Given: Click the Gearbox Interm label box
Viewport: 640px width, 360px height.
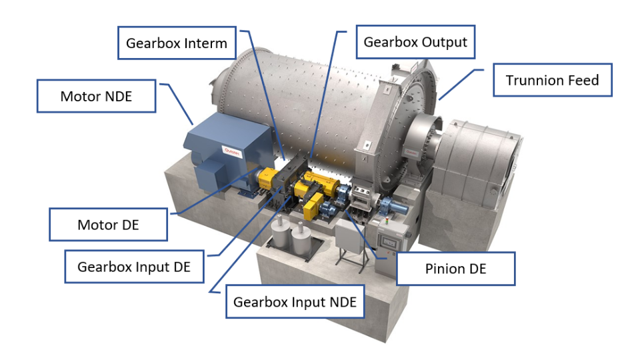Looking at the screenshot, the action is (x=177, y=43).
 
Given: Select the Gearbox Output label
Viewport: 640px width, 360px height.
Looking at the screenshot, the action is (x=415, y=42).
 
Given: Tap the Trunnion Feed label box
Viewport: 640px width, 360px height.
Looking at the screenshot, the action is (x=553, y=80).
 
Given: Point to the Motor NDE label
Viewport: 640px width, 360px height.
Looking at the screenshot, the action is (x=96, y=96).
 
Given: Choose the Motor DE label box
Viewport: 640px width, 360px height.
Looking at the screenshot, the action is (x=108, y=225).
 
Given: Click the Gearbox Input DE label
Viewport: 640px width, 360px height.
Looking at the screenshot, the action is (x=134, y=267).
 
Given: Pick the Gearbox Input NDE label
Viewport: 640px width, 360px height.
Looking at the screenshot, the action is (x=295, y=302).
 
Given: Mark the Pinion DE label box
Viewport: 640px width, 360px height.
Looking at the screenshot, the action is (x=456, y=269).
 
